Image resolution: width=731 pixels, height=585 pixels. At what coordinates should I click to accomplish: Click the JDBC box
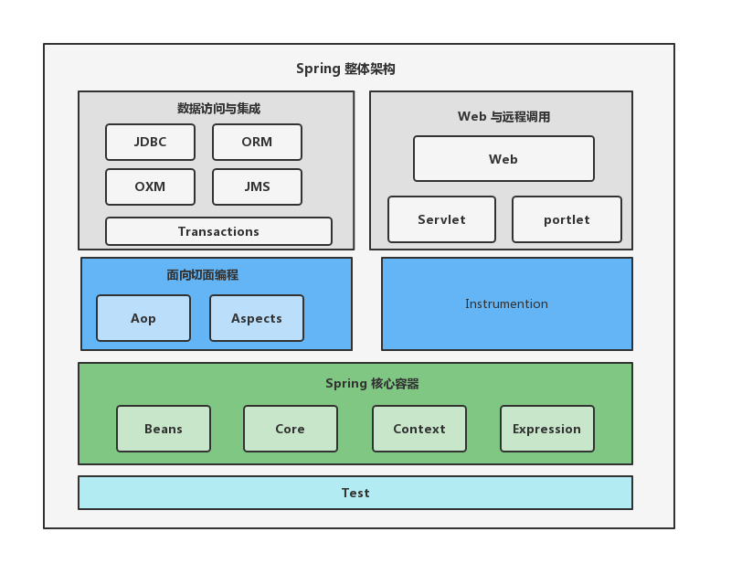tap(150, 142)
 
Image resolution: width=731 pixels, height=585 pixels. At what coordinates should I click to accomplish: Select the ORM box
tap(257, 142)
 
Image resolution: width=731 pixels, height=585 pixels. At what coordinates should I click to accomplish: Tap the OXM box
tap(150, 186)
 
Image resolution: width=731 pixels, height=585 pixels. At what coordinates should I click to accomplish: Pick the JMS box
tap(257, 186)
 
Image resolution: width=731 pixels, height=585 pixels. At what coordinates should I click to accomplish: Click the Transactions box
tap(218, 231)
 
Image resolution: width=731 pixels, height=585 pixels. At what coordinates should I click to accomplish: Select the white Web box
tap(503, 159)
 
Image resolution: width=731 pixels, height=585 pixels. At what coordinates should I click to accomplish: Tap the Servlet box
tap(441, 219)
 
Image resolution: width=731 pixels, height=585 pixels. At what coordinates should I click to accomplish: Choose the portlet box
tap(567, 219)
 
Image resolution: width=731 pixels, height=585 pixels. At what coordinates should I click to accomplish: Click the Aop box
tap(143, 318)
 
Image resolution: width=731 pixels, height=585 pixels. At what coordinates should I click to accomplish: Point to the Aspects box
tap(257, 318)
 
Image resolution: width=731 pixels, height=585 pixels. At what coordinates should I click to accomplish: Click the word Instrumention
tap(506, 303)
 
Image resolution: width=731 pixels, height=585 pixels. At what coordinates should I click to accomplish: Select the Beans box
tap(164, 429)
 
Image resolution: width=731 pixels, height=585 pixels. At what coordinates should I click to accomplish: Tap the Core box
tap(291, 429)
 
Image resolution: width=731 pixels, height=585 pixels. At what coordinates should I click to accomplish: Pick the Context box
tap(419, 429)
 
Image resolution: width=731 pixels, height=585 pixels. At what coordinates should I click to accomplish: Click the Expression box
tap(546, 429)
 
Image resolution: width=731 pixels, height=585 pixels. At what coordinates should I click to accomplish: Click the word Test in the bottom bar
tap(355, 493)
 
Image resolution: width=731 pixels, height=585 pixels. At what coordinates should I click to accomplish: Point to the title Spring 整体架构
tap(345, 69)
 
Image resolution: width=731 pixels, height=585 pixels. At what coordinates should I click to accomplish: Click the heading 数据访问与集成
tap(218, 108)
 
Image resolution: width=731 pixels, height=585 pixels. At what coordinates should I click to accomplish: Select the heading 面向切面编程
tap(202, 274)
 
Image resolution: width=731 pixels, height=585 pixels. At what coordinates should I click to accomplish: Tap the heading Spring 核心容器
tap(372, 383)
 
